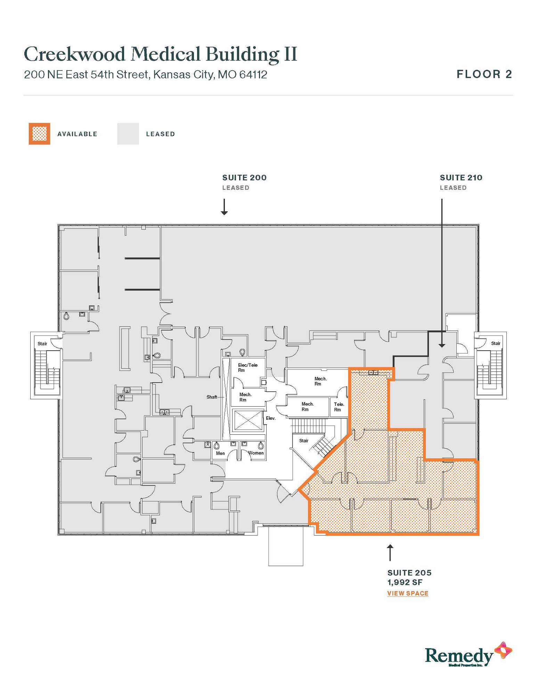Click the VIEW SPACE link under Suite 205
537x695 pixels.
click(x=408, y=593)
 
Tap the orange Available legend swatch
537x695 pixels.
click(x=39, y=133)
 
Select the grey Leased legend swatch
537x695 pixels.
click(x=128, y=133)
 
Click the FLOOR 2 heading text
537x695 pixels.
click(x=484, y=74)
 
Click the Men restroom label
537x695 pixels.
click(x=220, y=453)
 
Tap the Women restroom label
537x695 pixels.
click(x=256, y=453)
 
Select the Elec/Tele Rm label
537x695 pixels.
click(x=247, y=368)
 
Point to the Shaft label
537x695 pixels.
click(x=212, y=397)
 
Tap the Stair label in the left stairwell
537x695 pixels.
click(x=42, y=344)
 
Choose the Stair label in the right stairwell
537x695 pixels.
click(x=496, y=343)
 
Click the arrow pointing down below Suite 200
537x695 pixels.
click(x=225, y=207)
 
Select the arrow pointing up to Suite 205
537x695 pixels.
click(x=390, y=553)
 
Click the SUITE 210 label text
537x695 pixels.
click(x=461, y=178)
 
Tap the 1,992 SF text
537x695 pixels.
click(x=405, y=582)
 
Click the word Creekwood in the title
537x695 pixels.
click(x=74, y=54)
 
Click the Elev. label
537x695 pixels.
click(x=271, y=418)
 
